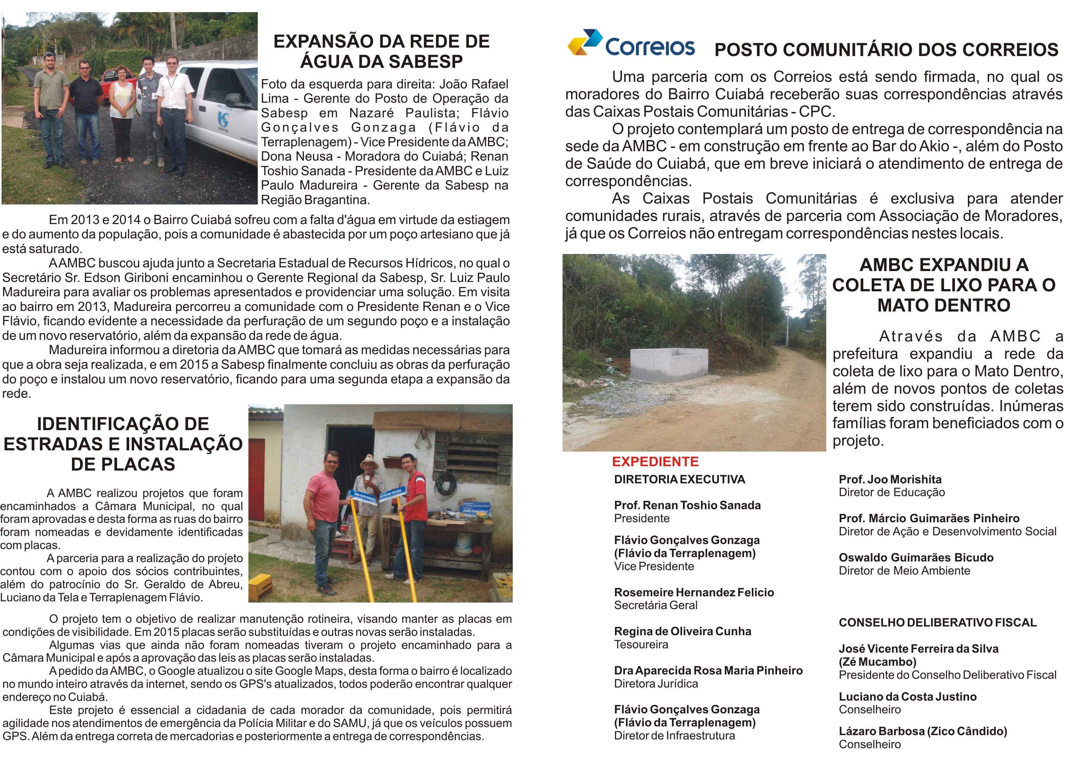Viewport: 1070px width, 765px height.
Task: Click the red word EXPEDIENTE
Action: pyautogui.click(x=655, y=462)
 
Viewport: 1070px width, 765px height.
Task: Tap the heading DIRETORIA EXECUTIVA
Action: pyautogui.click(x=679, y=480)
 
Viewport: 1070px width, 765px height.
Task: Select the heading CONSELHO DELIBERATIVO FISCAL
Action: pyautogui.click(x=938, y=623)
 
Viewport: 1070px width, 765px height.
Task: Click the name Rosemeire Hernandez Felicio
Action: pyautogui.click(x=694, y=593)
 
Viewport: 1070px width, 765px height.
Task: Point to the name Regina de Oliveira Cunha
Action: pyautogui.click(x=682, y=632)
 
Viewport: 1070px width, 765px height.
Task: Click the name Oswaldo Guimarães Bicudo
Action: pyautogui.click(x=916, y=558)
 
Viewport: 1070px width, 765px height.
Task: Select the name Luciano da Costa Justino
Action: pyautogui.click(x=907, y=697)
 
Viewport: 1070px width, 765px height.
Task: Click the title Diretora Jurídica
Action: pyautogui.click(x=656, y=684)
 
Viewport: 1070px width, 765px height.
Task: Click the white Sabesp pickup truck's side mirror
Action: pyautogui.click(x=234, y=100)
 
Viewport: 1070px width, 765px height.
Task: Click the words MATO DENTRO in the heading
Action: pyautogui.click(x=944, y=306)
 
